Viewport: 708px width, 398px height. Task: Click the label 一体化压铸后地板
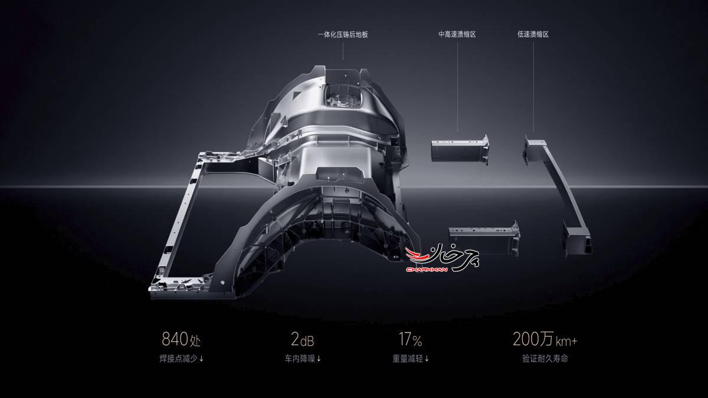pyautogui.click(x=343, y=34)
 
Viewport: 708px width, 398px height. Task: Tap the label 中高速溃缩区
pyautogui.click(x=457, y=34)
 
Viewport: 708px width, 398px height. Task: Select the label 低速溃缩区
pyautogui.click(x=533, y=34)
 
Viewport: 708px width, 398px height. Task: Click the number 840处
pyautogui.click(x=181, y=339)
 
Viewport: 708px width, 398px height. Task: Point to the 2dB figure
pyautogui.click(x=303, y=339)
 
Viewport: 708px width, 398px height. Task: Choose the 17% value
pyautogui.click(x=410, y=339)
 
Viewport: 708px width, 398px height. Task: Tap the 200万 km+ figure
pyautogui.click(x=545, y=339)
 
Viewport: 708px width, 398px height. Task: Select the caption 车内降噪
pyautogui.click(x=300, y=359)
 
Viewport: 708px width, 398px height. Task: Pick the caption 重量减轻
pyautogui.click(x=408, y=359)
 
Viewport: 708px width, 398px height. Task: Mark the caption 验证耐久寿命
pyautogui.click(x=545, y=359)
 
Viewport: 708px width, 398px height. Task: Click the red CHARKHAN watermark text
pyautogui.click(x=427, y=269)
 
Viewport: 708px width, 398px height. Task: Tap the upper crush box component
pyautogui.click(x=460, y=150)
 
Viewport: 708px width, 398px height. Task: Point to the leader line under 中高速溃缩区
pyautogui.click(x=457, y=87)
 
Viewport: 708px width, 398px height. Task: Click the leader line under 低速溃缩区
pyautogui.click(x=533, y=87)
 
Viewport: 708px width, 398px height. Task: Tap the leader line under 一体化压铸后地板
pyautogui.click(x=343, y=51)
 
